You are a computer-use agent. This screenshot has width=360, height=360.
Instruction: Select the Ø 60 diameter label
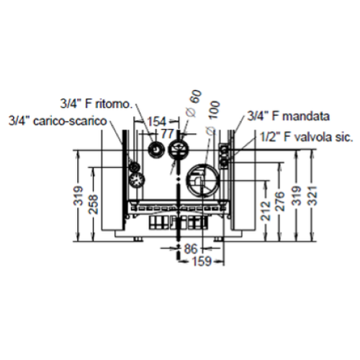tap(193, 101)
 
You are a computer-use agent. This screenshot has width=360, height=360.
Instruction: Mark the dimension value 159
tap(202, 262)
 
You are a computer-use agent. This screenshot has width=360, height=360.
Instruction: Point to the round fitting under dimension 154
tap(156, 150)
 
